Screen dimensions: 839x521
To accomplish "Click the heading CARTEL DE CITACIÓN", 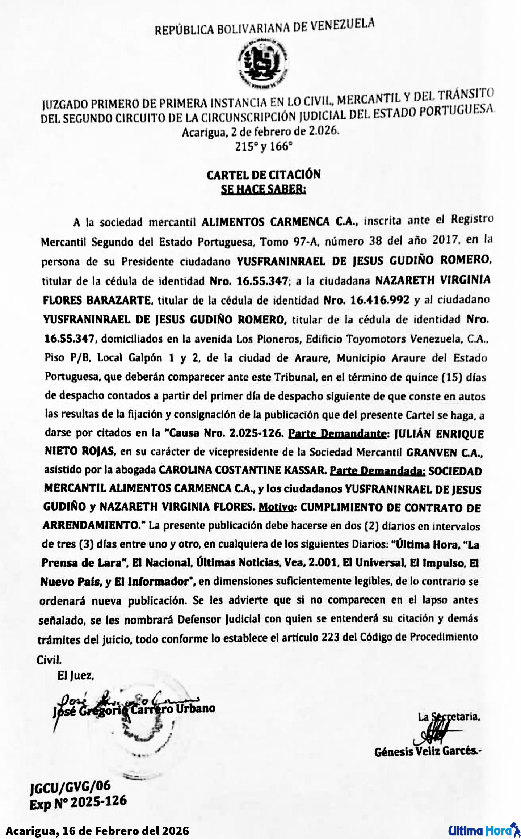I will coord(264,175).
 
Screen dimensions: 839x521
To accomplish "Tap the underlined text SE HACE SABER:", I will coord(264,189).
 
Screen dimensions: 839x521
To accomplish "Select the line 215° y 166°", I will coord(264,147).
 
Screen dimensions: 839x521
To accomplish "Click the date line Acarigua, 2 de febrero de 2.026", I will coord(261,131).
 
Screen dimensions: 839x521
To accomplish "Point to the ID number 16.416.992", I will coord(377,300).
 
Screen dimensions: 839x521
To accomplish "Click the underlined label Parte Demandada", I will coord(377,470).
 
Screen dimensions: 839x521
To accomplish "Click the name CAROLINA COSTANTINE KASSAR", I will coord(243,470).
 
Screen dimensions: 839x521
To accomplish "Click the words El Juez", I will coord(76,675).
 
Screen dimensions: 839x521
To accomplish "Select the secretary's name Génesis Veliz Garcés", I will coord(428,751).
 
